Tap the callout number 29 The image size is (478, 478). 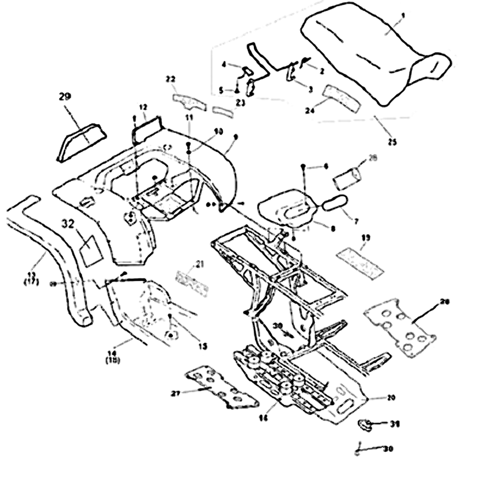click(65, 95)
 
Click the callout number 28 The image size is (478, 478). click(444, 303)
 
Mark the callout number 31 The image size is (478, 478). click(378, 424)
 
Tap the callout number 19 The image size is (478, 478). click(366, 237)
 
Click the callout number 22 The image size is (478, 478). click(170, 79)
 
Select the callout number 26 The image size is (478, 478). click(373, 158)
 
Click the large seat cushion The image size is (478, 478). click(376, 60)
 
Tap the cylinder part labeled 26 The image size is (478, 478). click(347, 177)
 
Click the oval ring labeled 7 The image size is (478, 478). click(335, 203)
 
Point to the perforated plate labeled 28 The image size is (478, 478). click(400, 332)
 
